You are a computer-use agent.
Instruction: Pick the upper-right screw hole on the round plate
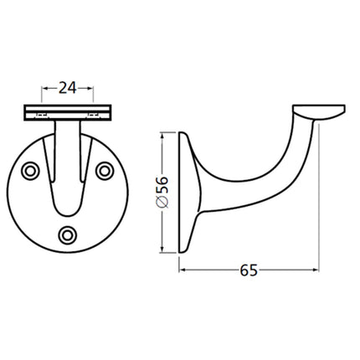105,170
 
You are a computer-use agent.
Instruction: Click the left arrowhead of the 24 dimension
44,85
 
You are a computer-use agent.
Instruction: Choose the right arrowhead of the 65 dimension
316,270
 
